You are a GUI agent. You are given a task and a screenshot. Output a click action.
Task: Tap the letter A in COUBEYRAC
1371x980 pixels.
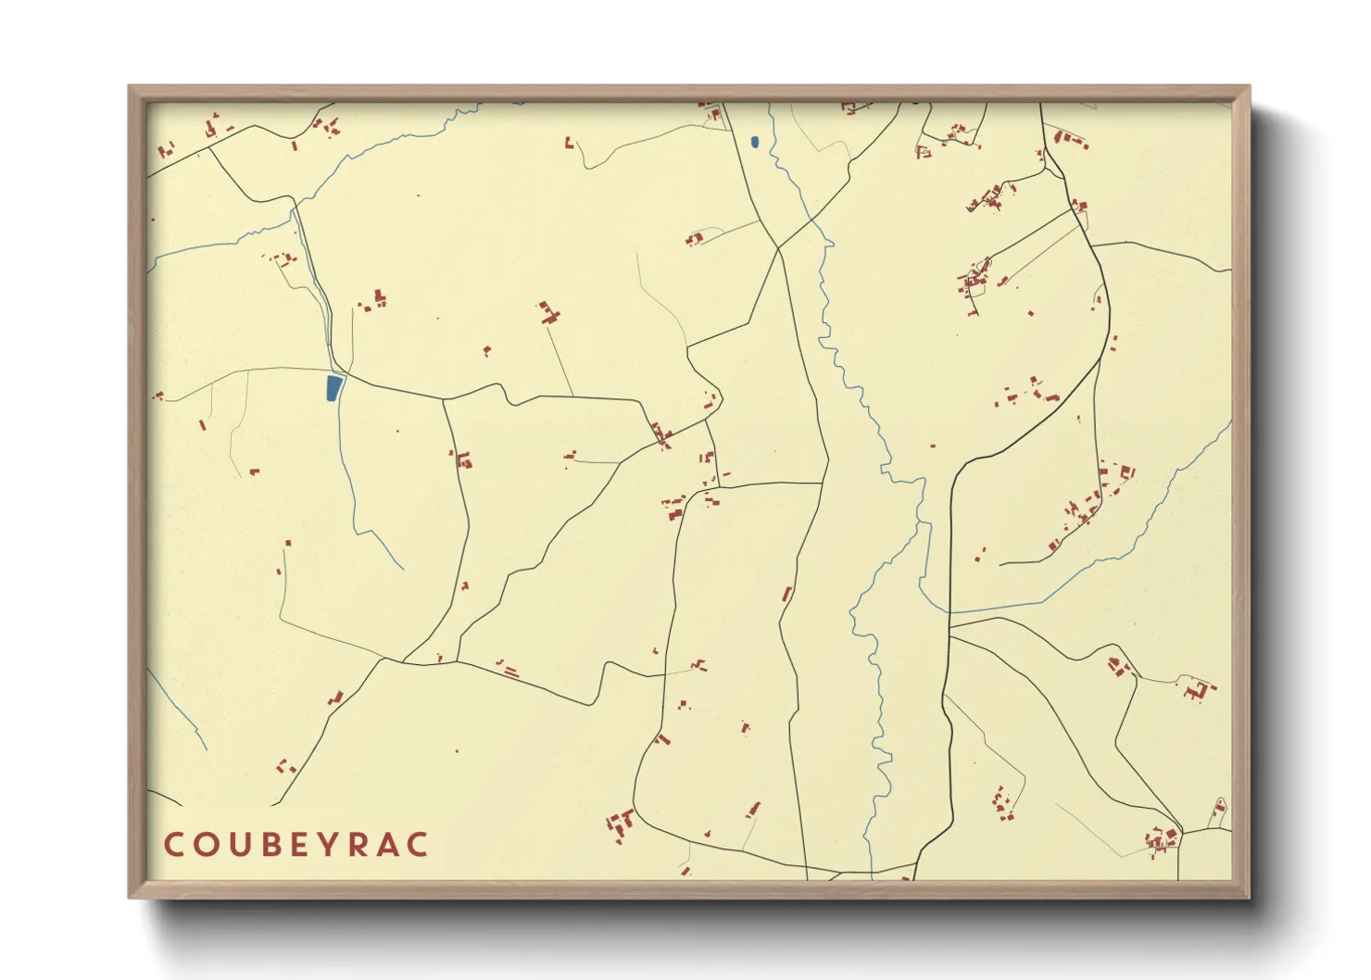(388, 845)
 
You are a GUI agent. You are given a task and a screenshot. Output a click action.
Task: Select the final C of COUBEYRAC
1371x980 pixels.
(419, 845)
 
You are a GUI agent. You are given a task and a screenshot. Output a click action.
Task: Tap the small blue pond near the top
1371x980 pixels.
(754, 143)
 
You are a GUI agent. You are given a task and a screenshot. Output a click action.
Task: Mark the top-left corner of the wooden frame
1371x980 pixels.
(130, 87)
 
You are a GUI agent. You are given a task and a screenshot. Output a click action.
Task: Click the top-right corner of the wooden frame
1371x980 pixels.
(1249, 87)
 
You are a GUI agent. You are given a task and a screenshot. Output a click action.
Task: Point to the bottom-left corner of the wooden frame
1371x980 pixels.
(130, 897)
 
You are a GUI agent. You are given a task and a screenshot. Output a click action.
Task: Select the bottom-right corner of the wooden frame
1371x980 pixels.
(1249, 897)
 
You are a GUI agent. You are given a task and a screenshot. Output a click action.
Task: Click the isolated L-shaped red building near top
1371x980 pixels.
(569, 144)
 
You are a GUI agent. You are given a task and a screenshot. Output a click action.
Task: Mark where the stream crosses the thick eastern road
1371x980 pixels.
(950, 611)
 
